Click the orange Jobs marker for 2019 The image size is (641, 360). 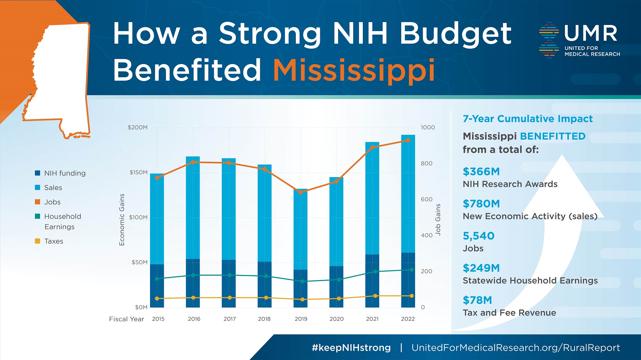pyautogui.click(x=301, y=192)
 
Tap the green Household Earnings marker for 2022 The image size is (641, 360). pyautogui.click(x=412, y=270)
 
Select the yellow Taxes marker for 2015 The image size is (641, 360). pyautogui.click(x=157, y=299)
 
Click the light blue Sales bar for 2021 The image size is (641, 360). pyautogui.click(x=372, y=199)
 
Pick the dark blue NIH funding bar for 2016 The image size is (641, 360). pyautogui.click(x=193, y=283)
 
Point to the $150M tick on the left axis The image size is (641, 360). pyautogui.click(x=138, y=172)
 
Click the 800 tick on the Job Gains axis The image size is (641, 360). pyautogui.click(x=427, y=163)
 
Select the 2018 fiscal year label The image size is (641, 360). pyautogui.click(x=264, y=319)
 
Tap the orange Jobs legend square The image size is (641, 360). pyautogui.click(x=37, y=202)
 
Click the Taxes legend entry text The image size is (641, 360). pyautogui.click(x=54, y=241)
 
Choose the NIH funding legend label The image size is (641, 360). pyautogui.click(x=65, y=173)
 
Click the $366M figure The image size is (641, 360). pyautogui.click(x=481, y=172)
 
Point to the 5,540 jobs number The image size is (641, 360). pyautogui.click(x=479, y=236)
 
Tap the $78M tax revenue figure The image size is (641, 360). pyautogui.click(x=477, y=300)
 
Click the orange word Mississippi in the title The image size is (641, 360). pyautogui.click(x=354, y=70)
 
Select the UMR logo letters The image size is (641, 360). pyautogui.click(x=590, y=33)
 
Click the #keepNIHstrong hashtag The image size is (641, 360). pyautogui.click(x=351, y=348)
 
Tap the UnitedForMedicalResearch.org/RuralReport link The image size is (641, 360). pyautogui.click(x=516, y=348)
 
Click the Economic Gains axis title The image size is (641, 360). pyautogui.click(x=122, y=219)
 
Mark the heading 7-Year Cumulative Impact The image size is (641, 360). pyautogui.click(x=528, y=119)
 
